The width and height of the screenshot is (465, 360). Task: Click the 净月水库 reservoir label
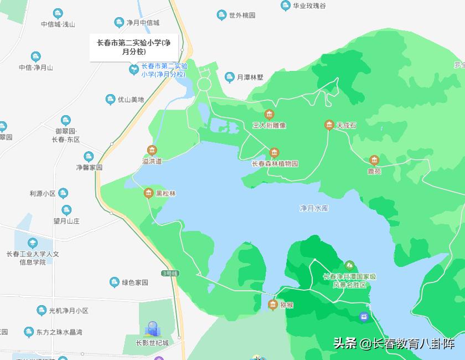click(314, 209)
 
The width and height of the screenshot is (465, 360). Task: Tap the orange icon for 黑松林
click(148, 193)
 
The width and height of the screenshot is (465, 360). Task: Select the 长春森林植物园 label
click(275, 163)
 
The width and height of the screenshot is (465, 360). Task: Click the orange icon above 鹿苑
click(374, 161)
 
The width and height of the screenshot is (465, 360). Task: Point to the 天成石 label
click(347, 126)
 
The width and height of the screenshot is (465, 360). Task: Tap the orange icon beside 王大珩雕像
click(269, 115)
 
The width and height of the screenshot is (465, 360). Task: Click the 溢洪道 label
click(152, 161)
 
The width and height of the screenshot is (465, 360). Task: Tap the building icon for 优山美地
click(110, 100)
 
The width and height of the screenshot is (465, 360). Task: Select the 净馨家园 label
click(89, 167)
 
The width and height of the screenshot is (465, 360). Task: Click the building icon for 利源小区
click(64, 193)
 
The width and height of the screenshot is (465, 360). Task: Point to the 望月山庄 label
click(66, 220)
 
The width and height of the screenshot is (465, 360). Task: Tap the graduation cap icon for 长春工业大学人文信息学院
click(33, 243)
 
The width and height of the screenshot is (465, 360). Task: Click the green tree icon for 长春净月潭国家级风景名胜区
click(349, 266)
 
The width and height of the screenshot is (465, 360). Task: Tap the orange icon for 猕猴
click(272, 305)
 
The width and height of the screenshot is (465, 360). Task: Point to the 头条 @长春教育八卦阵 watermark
click(393, 343)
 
